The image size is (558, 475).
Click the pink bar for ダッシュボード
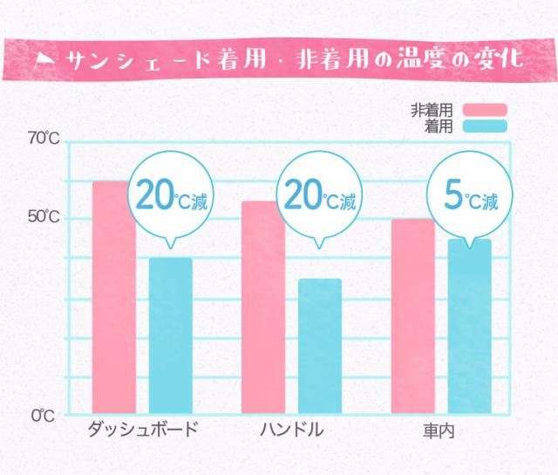(x=113, y=296)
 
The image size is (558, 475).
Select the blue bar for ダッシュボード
(x=171, y=336)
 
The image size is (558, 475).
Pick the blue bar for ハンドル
(x=320, y=346)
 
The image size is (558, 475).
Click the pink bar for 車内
(x=413, y=316)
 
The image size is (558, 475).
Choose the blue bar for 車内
(x=470, y=327)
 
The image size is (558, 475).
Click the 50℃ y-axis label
(x=44, y=218)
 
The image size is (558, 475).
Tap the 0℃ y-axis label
(x=44, y=417)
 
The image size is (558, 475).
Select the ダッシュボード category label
(x=143, y=430)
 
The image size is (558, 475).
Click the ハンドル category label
(x=291, y=430)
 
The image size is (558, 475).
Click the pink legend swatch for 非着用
(x=484, y=110)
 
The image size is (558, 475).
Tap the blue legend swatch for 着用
(x=484, y=126)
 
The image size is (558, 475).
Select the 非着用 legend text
(x=432, y=110)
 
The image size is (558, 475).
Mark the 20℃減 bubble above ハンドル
(x=320, y=198)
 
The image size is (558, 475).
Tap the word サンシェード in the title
(x=139, y=59)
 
